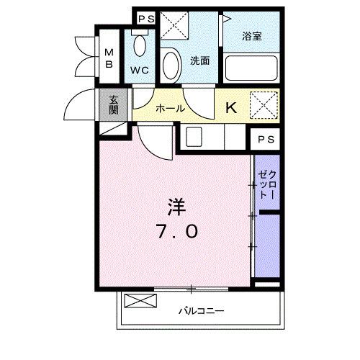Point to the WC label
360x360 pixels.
pyautogui.click(x=139, y=71)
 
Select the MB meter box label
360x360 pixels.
pyautogui.click(x=110, y=58)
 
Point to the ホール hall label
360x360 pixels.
pyautogui.click(x=170, y=108)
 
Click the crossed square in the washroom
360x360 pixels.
pyautogui.click(x=174, y=26)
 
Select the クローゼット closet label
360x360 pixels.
pyautogui.click(x=266, y=184)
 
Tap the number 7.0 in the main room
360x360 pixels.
pyautogui.click(x=176, y=233)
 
